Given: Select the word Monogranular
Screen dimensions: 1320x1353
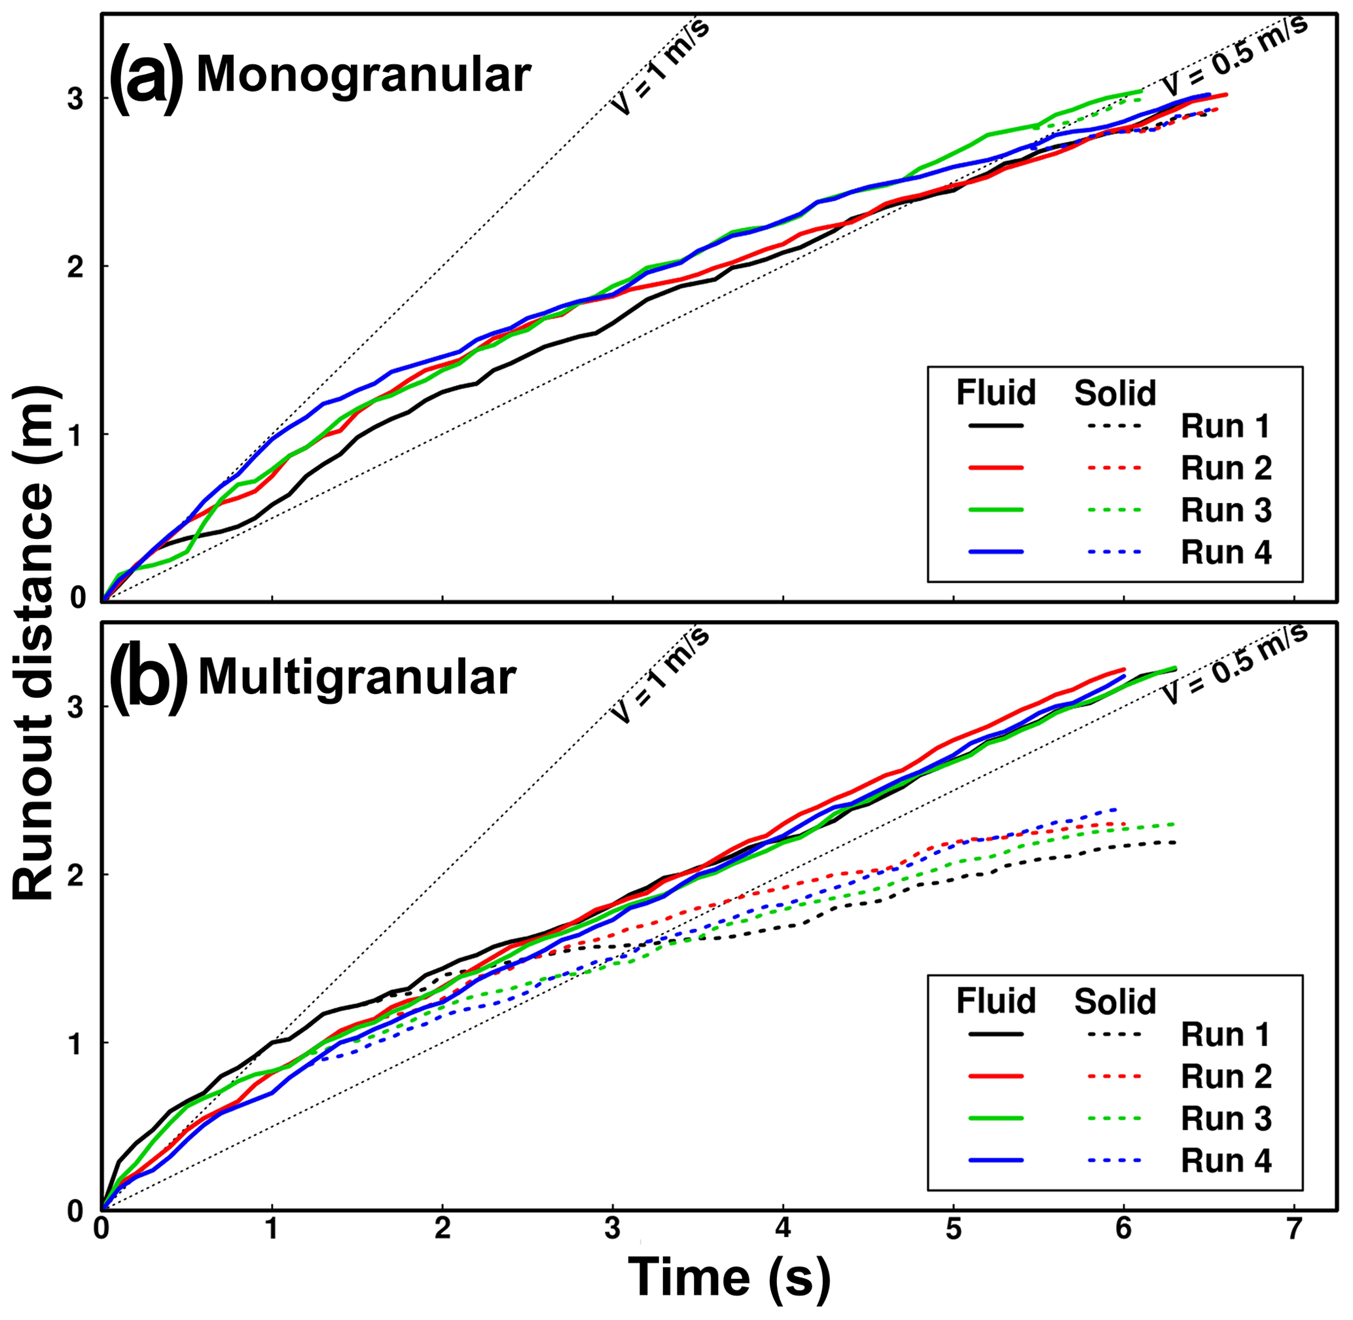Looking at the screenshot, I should tap(363, 75).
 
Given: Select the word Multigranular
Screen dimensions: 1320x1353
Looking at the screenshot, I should tap(357, 676).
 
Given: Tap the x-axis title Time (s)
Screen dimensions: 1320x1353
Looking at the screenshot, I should tap(729, 1277).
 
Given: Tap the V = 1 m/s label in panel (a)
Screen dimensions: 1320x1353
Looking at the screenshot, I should tap(660, 66).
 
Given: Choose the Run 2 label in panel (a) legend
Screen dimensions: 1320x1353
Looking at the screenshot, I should tap(1225, 469).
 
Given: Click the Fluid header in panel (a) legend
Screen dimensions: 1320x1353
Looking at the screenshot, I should tap(996, 392).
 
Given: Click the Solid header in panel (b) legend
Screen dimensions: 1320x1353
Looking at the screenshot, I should tap(1115, 1001).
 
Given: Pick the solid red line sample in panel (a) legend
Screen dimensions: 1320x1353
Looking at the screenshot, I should tap(996, 468).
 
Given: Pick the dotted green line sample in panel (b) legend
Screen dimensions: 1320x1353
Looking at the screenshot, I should tap(1114, 1118).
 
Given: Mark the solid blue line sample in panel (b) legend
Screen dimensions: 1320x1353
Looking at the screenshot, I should tap(996, 1160).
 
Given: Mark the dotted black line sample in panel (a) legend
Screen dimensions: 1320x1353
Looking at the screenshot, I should tap(1114, 426).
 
